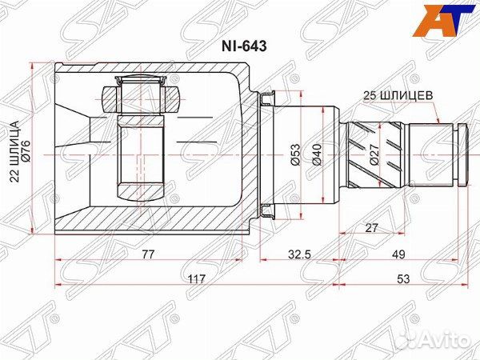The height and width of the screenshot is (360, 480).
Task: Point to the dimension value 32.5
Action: [300, 254]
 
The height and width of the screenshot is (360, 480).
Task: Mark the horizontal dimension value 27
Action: [371, 228]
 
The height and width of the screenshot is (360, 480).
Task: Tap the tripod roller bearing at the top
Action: [141, 98]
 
